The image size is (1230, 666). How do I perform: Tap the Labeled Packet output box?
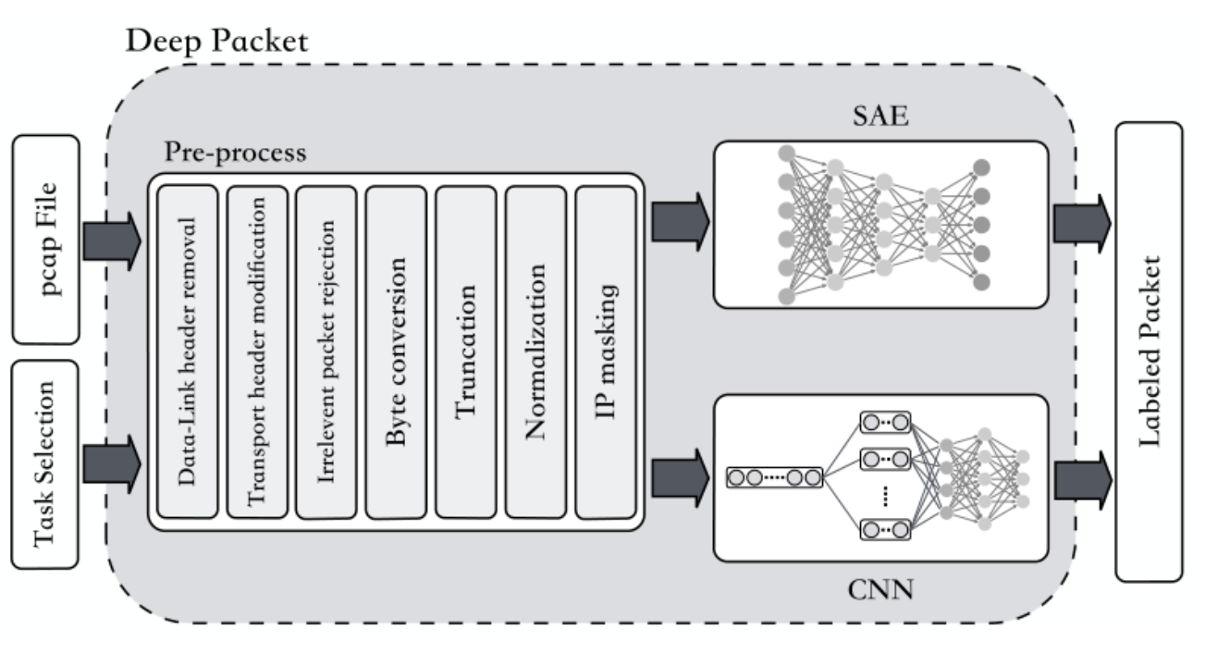click(x=1149, y=351)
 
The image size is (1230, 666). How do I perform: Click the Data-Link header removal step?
click(x=189, y=351)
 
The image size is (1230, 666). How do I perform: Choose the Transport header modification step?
click(x=258, y=351)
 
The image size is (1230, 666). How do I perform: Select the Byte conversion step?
click(x=397, y=351)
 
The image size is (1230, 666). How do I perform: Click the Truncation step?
click(x=466, y=351)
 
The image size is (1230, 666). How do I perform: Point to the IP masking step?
click(x=606, y=351)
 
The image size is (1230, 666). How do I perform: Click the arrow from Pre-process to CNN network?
click(x=680, y=477)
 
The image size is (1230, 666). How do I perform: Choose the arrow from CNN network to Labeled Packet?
click(x=1083, y=477)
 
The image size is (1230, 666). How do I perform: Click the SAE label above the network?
click(x=880, y=117)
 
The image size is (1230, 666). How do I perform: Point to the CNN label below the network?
click(x=880, y=588)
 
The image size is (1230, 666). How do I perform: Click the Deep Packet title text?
click(x=216, y=40)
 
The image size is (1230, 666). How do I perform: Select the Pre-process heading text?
click(x=235, y=153)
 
